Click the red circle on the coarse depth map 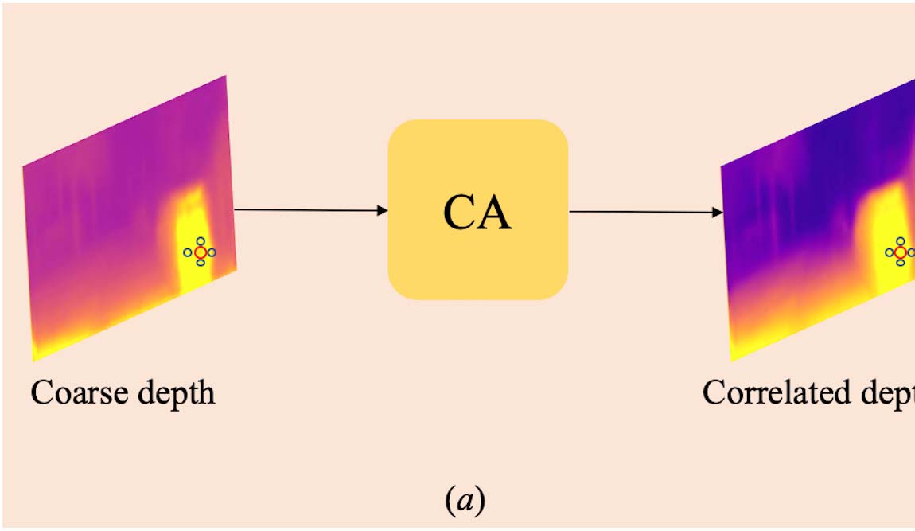pyautogui.click(x=200, y=252)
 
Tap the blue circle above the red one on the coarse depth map pyautogui.click(x=200, y=241)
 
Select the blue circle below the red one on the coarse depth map pyautogui.click(x=200, y=264)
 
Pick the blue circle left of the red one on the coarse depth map pyautogui.click(x=188, y=252)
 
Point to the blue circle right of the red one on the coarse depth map pyautogui.click(x=212, y=252)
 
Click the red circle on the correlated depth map pyautogui.click(x=900, y=252)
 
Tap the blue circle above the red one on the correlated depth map pyautogui.click(x=900, y=241)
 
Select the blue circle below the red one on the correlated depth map pyautogui.click(x=900, y=263)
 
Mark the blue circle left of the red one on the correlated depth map pyautogui.click(x=889, y=252)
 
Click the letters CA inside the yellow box pyautogui.click(x=477, y=213)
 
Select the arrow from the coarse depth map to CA pyautogui.click(x=310, y=210)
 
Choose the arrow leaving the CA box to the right pyautogui.click(x=644, y=213)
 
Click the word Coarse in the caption pyautogui.click(x=76, y=393)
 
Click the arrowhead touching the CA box pyautogui.click(x=383, y=210)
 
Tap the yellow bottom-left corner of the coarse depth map pyautogui.click(x=37, y=354)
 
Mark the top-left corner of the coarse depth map pyautogui.click(x=24, y=168)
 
